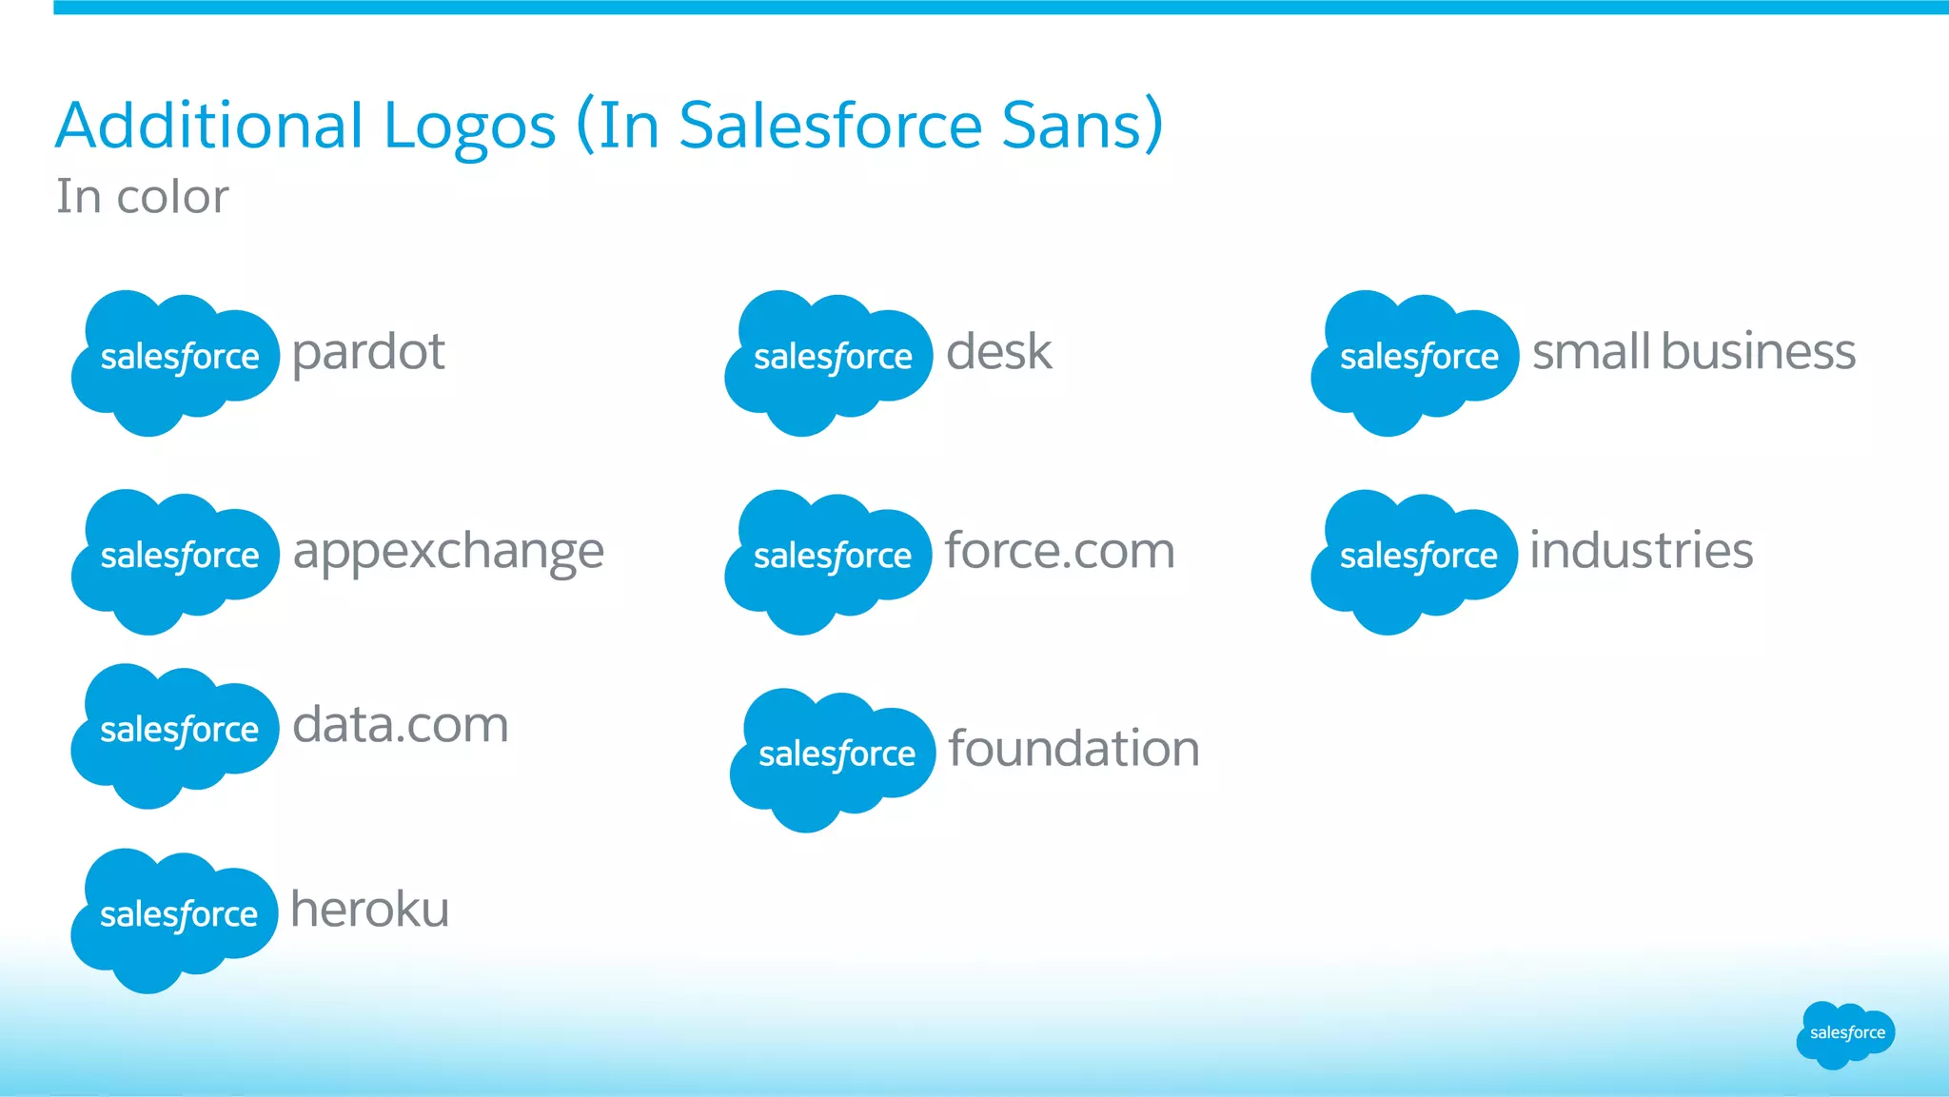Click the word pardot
pyautogui.click(x=367, y=353)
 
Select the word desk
pyautogui.click(x=998, y=351)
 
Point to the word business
pyautogui.click(x=1759, y=351)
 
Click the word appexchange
pyautogui.click(x=448, y=552)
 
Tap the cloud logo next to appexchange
pyautogui.click(x=175, y=560)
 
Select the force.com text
pyautogui.click(x=1059, y=551)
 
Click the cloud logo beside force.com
pyautogui.click(x=828, y=560)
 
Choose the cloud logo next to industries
pyautogui.click(x=1414, y=560)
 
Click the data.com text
pyautogui.click(x=400, y=725)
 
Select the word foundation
pyautogui.click(x=1073, y=748)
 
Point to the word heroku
pyautogui.click(x=369, y=909)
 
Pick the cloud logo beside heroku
pyautogui.click(x=175, y=919)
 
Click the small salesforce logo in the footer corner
pyautogui.click(x=1845, y=1034)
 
